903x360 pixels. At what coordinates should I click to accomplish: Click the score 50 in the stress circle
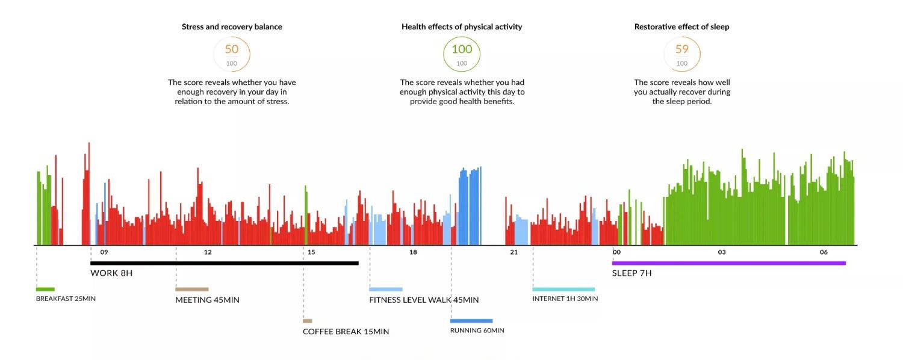(x=232, y=49)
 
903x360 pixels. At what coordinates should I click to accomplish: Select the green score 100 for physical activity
(x=462, y=49)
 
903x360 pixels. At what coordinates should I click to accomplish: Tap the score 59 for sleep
(x=681, y=49)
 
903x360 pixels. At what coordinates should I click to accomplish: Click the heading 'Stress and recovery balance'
(x=232, y=26)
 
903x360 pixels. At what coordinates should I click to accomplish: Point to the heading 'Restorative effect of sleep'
(x=681, y=26)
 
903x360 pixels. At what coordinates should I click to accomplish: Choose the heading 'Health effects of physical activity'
(x=462, y=26)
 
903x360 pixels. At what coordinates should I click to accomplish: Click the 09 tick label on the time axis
(x=104, y=252)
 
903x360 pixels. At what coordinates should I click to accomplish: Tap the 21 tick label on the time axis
(x=514, y=252)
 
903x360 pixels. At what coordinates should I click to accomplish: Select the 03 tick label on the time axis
(x=722, y=252)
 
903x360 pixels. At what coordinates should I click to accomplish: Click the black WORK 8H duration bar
(x=224, y=263)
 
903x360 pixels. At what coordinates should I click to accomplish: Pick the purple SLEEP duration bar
(x=728, y=263)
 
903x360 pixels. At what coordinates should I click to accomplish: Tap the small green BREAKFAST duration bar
(x=45, y=289)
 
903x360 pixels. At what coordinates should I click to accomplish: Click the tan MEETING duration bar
(x=192, y=289)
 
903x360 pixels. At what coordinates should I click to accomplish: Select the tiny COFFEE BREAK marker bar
(x=307, y=321)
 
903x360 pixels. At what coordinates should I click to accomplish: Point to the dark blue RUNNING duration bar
(x=471, y=321)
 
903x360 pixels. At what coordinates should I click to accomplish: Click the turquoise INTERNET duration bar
(x=563, y=289)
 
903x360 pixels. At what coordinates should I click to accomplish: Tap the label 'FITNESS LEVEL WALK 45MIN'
(x=424, y=300)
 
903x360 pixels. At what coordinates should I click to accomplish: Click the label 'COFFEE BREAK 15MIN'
(x=346, y=332)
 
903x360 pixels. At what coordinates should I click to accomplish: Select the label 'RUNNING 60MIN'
(x=477, y=331)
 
